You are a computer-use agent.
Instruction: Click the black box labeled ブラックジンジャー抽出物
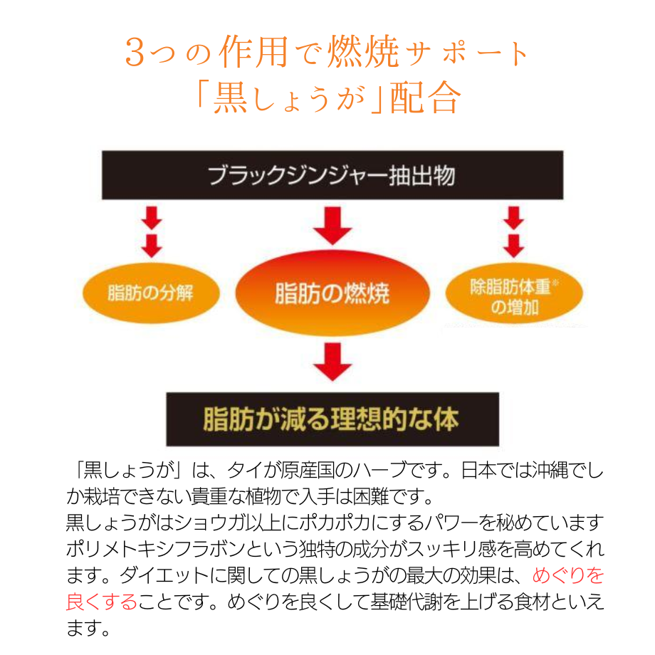coord(332,175)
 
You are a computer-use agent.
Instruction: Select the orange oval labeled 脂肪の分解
coord(151,293)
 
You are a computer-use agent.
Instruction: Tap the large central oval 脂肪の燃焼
coord(332,294)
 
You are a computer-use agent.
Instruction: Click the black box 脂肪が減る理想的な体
coord(332,419)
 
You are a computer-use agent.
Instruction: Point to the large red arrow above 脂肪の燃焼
coord(332,224)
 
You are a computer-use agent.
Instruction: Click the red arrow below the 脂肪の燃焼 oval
coord(332,362)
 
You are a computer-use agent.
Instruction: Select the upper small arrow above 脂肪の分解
coord(151,217)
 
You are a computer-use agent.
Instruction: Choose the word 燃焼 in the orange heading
coord(359,53)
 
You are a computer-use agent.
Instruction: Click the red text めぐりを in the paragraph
coord(567,575)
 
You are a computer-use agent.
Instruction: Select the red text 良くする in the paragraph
coord(100,602)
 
